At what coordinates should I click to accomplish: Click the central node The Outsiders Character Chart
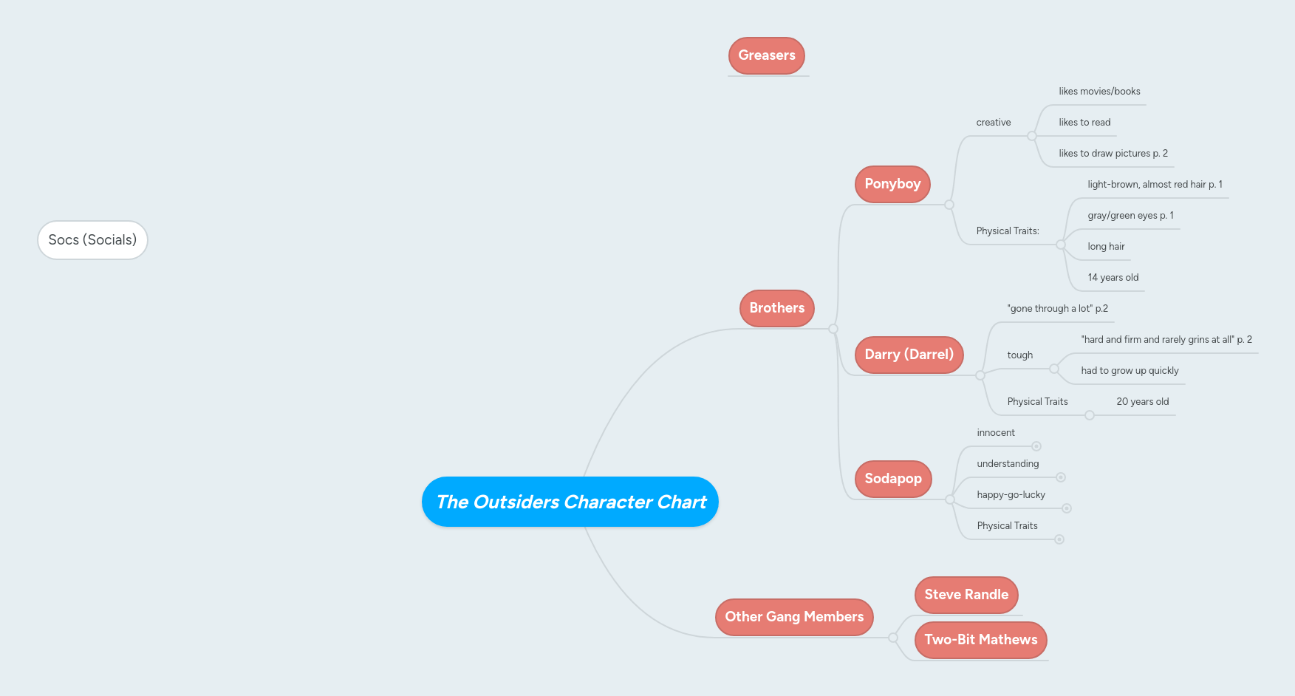click(x=570, y=502)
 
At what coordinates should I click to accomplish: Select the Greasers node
click(x=767, y=55)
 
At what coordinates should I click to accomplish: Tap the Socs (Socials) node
click(x=92, y=240)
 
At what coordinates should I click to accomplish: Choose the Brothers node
click(x=776, y=308)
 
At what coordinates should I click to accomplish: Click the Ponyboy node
click(x=892, y=184)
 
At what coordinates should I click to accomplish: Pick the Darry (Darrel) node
click(x=909, y=355)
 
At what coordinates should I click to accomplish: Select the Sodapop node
click(x=893, y=479)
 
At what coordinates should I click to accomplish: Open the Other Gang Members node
click(x=794, y=617)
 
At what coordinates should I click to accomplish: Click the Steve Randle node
click(x=966, y=595)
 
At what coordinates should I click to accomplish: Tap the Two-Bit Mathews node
click(x=980, y=640)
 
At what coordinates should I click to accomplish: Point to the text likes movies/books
click(x=1099, y=92)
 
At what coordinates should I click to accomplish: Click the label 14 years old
click(x=1113, y=278)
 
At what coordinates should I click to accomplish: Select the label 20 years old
click(x=1142, y=402)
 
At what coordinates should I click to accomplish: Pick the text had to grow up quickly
click(x=1130, y=371)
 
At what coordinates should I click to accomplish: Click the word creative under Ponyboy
click(x=993, y=123)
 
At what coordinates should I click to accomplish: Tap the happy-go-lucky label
click(x=1011, y=495)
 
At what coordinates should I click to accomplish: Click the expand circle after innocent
click(x=1036, y=446)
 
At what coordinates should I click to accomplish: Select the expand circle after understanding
click(x=1061, y=477)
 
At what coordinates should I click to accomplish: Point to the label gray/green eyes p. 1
click(x=1130, y=216)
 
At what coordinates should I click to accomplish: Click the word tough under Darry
click(x=1019, y=355)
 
